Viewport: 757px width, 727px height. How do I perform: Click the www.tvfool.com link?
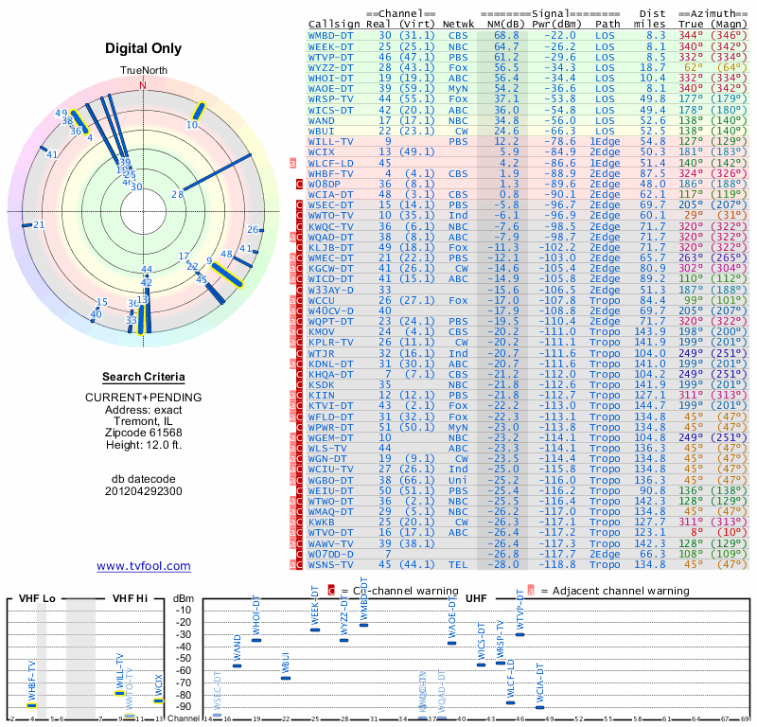coord(143,566)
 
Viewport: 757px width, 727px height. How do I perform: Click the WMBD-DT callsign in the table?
coord(332,34)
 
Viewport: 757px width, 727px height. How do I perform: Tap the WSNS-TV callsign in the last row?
coord(332,564)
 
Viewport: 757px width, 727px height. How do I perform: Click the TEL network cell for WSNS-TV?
coord(458,564)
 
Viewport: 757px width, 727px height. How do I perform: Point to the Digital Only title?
coord(143,48)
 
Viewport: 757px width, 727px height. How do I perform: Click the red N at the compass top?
coord(143,85)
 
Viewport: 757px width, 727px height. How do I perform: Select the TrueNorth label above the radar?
coord(143,72)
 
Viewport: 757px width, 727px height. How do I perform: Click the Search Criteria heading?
coord(143,377)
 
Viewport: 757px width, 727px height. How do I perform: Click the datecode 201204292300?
coord(143,491)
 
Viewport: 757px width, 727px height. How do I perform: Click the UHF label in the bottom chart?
coord(477,599)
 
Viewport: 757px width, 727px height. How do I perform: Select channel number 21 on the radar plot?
coord(39,224)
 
